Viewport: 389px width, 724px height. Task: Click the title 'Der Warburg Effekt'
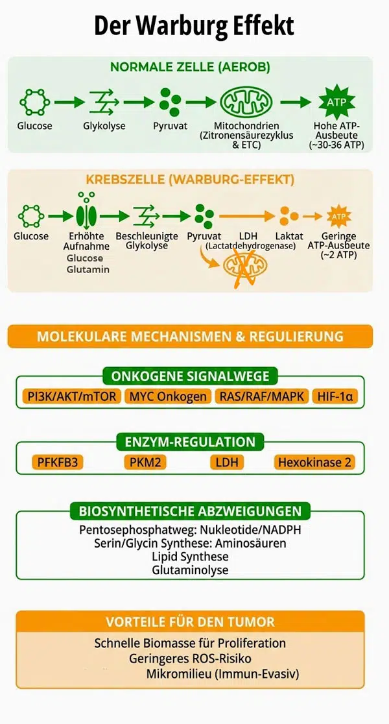click(x=194, y=26)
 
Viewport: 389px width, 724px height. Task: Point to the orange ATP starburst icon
click(x=338, y=215)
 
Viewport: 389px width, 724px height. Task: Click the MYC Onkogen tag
click(x=168, y=396)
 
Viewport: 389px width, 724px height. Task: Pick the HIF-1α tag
click(x=336, y=396)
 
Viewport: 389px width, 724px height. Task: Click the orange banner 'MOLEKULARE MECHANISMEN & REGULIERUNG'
click(x=190, y=337)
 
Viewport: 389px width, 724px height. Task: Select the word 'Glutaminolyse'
click(x=190, y=570)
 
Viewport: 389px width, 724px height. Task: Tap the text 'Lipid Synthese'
click(x=190, y=557)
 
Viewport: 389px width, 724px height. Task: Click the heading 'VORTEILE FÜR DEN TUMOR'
click(x=190, y=621)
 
